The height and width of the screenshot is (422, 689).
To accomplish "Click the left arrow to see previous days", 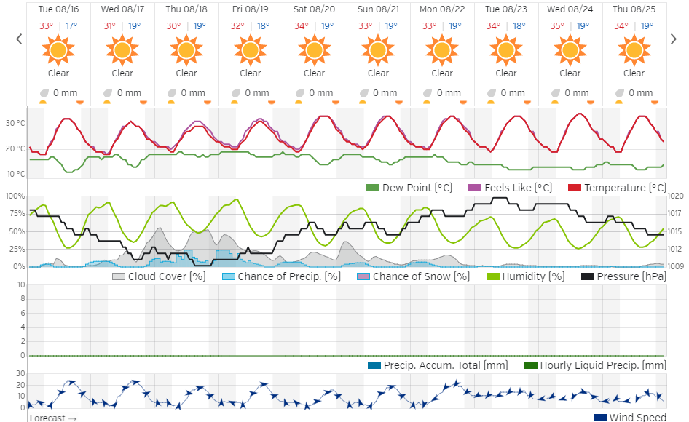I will [x=19, y=39].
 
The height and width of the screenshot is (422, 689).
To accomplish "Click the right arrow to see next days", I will [x=674, y=39].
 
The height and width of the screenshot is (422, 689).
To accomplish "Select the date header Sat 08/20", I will [x=315, y=9].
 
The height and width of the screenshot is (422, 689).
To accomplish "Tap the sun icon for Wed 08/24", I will [x=570, y=49].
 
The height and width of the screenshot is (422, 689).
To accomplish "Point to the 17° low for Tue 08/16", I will [x=71, y=25].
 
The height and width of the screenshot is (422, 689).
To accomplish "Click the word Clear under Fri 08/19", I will [x=250, y=73].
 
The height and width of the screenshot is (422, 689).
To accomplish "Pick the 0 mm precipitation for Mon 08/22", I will [x=449, y=93].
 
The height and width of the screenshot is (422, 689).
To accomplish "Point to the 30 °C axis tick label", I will [x=15, y=123].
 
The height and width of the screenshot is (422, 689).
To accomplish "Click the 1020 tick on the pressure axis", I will [x=675, y=196].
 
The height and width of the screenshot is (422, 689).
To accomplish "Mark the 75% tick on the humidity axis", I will [x=15, y=213].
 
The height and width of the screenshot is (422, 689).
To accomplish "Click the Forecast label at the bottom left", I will [x=52, y=418].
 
